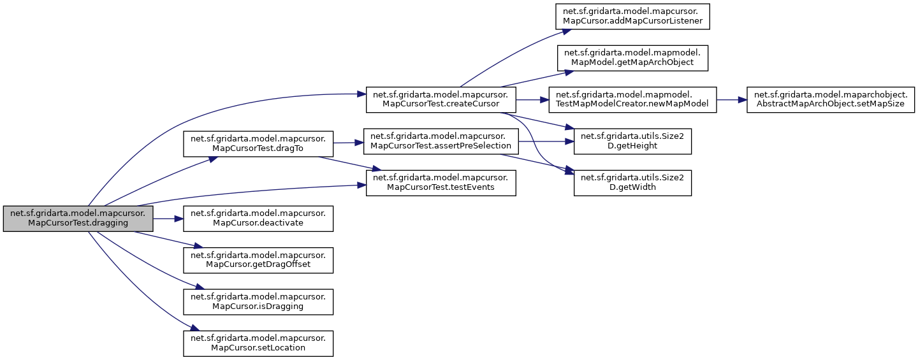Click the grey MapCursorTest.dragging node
(78, 219)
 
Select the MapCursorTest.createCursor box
(440, 100)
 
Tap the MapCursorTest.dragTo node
(258, 143)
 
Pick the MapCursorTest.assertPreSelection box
(440, 141)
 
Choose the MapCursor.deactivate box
(258, 219)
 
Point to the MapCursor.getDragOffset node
(258, 259)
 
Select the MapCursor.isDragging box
(258, 301)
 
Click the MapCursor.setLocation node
(258, 342)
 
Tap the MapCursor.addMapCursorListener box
(632, 17)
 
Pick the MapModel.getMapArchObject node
(632, 59)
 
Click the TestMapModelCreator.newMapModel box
(632, 100)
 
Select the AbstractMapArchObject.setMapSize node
(829, 100)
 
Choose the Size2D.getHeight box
(632, 141)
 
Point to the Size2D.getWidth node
(632, 182)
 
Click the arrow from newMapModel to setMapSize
(731, 100)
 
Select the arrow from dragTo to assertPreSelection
(348, 143)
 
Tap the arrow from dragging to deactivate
(168, 219)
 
